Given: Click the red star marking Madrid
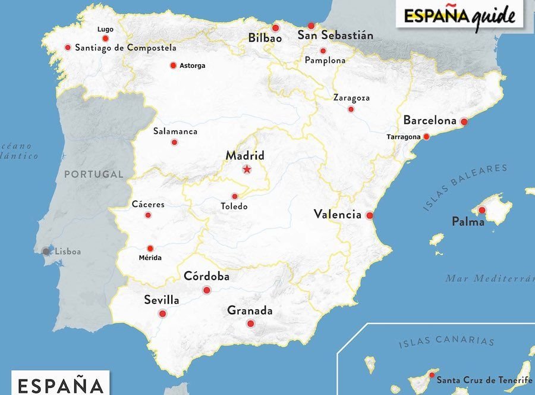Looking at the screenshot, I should coord(247,170).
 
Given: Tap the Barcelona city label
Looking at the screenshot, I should coord(430,120).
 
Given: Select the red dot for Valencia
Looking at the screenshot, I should coord(369,215).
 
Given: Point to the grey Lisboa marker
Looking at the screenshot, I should coord(46,252).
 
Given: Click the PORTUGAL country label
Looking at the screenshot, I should coord(93,174).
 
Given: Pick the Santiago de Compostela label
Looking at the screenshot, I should coord(125,48).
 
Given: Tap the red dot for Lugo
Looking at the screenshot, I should coord(105,39).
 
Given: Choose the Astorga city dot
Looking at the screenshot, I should coord(173,65).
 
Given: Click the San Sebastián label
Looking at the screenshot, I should coord(335,36).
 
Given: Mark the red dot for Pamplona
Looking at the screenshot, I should coord(323,51).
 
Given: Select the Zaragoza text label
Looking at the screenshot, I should coord(351,98).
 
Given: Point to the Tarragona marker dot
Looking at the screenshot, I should coord(426,136).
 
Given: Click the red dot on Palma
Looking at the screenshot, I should coord(481,210).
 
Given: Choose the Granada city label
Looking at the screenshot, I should coord(250,311).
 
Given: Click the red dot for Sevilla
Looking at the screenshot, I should coord(162,314).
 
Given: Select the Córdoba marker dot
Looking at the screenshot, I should coord(207,290).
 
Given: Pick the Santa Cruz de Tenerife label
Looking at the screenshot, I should coord(484,380).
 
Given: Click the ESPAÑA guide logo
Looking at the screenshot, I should coord(460,16).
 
